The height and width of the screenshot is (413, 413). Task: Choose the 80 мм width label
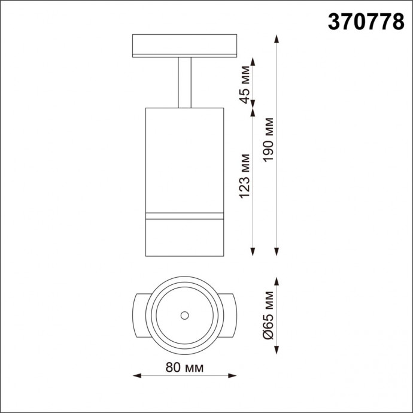(x=185, y=368)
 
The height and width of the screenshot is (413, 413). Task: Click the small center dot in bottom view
(x=185, y=315)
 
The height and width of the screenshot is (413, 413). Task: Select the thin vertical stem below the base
(x=184, y=83)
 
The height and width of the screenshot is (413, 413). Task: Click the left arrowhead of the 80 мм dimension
(x=135, y=376)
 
